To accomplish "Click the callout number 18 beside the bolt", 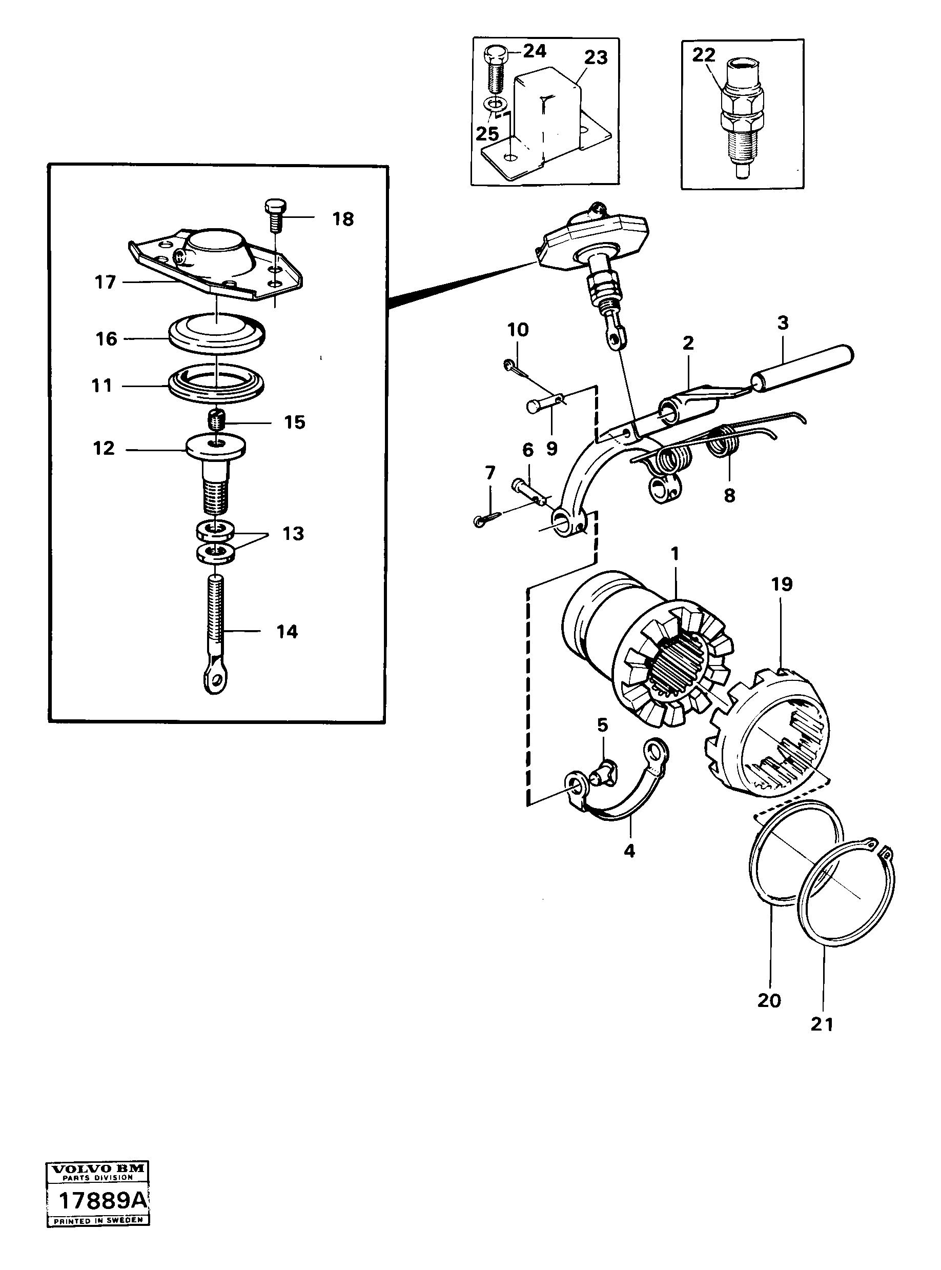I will click(x=343, y=219).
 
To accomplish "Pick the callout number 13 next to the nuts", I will click(x=293, y=534).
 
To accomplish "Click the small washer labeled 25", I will click(x=497, y=105).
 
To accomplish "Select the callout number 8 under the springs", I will click(x=729, y=495).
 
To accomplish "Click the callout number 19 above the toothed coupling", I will click(x=782, y=584).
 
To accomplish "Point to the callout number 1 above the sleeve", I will click(x=675, y=553).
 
